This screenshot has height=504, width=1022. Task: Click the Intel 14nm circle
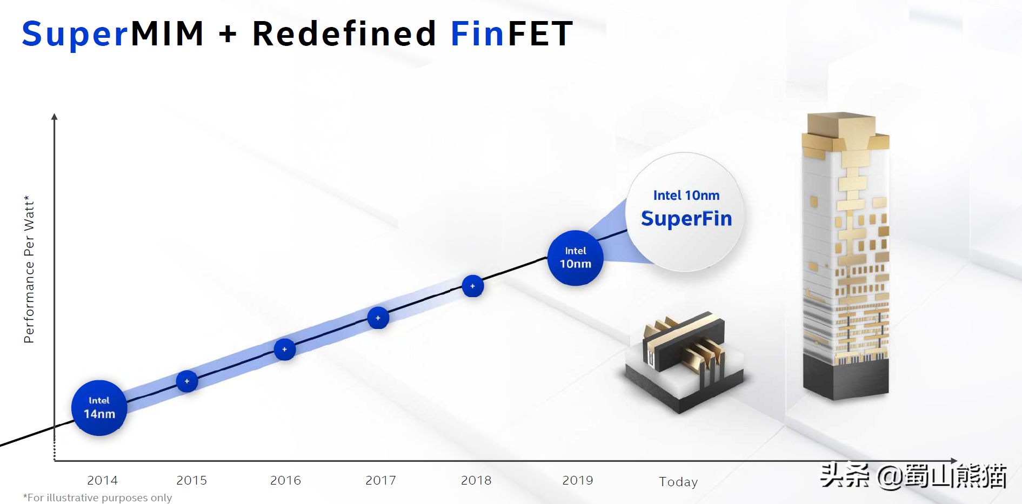(x=99, y=408)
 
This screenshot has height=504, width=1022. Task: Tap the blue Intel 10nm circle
(x=575, y=258)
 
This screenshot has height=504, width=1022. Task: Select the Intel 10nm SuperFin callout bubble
(x=686, y=211)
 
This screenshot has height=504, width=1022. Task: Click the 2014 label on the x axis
(x=102, y=480)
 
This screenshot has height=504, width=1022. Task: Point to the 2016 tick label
(x=285, y=480)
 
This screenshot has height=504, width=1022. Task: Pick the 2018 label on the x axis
(x=476, y=480)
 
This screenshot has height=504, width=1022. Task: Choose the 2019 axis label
(x=578, y=480)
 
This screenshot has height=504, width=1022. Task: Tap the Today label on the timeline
(x=678, y=481)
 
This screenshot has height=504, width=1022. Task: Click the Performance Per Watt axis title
(x=29, y=270)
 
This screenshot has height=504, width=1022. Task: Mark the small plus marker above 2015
(x=187, y=381)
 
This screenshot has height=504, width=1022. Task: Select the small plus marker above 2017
(x=378, y=318)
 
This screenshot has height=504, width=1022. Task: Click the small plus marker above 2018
(x=472, y=286)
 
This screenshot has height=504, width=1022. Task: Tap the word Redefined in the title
(x=344, y=33)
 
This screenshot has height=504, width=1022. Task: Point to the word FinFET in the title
(x=511, y=33)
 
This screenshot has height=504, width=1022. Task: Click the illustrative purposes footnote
(x=98, y=498)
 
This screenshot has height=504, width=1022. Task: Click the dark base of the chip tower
(x=846, y=378)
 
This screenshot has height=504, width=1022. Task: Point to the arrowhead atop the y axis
(x=54, y=117)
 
